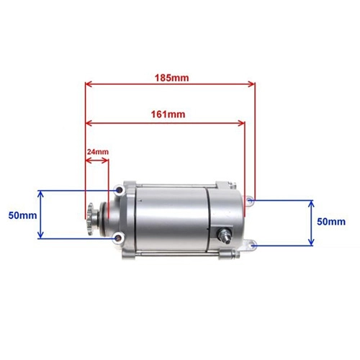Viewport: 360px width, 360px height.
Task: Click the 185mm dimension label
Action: pyautogui.click(x=171, y=78)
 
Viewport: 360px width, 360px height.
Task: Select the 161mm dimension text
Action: pyautogui.click(x=168, y=114)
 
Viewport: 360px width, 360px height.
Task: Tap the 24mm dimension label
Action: pyautogui.click(x=98, y=152)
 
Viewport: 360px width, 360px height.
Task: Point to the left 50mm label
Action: pyautogui.click(x=22, y=215)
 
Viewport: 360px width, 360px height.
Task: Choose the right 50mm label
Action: pyautogui.click(x=331, y=222)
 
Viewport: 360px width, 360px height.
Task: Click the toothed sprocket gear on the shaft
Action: pyautogui.click(x=91, y=219)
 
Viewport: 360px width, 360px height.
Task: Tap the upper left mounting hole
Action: pyautogui.click(x=119, y=191)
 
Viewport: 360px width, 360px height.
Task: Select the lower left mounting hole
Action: pyautogui.click(x=117, y=238)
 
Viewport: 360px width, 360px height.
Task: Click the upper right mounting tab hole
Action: pyautogui.click(x=250, y=200)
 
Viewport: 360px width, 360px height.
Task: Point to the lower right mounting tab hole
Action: pyautogui.click(x=252, y=246)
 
